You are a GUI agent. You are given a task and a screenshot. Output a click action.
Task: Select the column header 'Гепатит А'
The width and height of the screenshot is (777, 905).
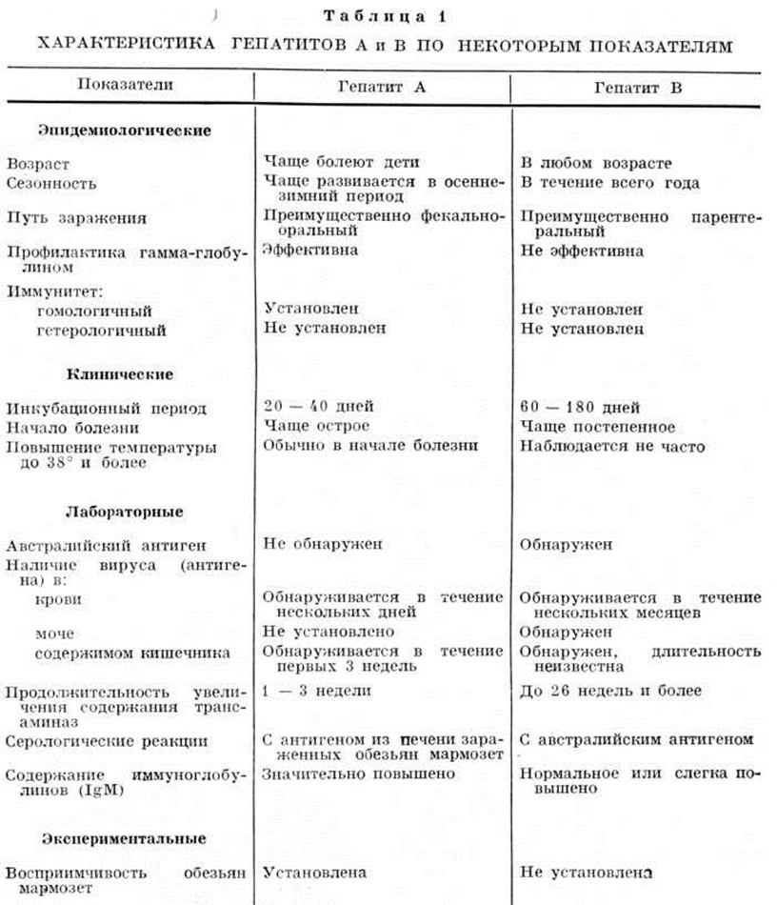(x=381, y=85)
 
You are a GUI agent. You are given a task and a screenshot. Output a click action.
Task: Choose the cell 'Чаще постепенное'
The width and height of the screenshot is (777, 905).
(x=598, y=426)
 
